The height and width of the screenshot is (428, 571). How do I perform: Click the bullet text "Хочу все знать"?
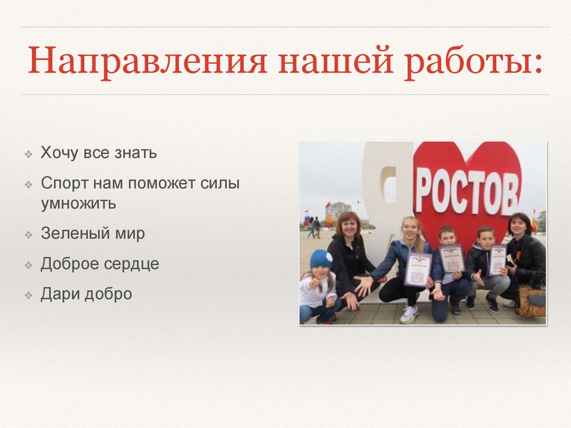pyautogui.click(x=98, y=153)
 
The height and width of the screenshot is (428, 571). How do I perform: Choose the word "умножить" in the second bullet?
pyautogui.click(x=78, y=203)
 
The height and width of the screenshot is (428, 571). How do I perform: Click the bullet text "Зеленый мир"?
pyautogui.click(x=93, y=233)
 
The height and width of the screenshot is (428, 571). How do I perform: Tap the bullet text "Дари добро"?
pyautogui.click(x=86, y=294)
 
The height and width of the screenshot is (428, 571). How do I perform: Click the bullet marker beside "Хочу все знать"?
pyautogui.click(x=28, y=155)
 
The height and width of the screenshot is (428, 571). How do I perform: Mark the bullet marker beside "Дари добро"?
pyautogui.click(x=28, y=295)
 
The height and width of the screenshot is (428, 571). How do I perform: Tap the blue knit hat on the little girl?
pyautogui.click(x=321, y=259)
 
